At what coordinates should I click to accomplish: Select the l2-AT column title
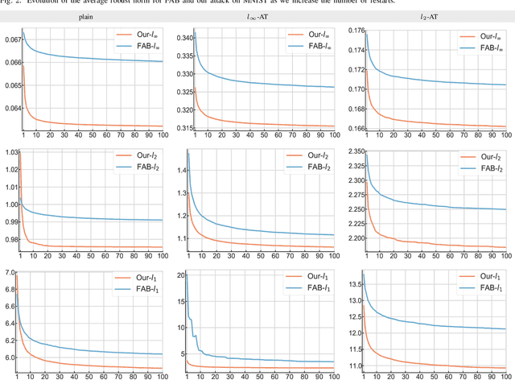430,15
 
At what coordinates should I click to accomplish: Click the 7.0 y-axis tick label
10,274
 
